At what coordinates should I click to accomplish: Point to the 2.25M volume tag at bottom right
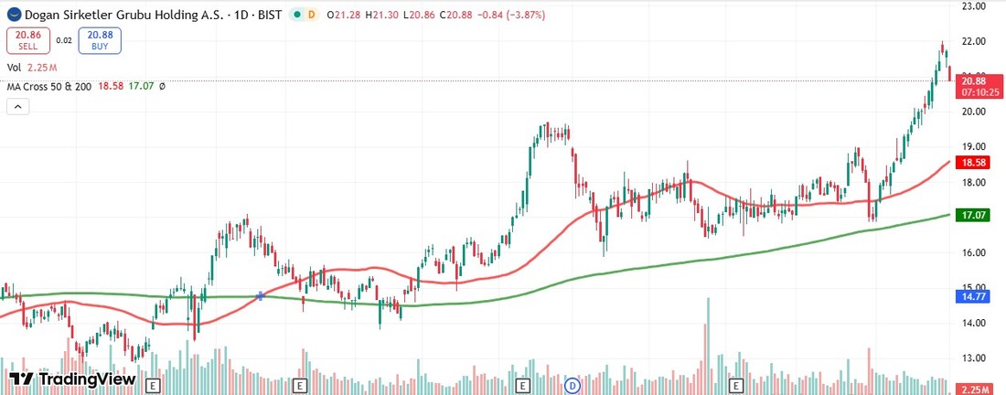(973, 389)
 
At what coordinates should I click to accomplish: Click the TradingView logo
(72, 379)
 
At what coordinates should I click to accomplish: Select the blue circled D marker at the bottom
(573, 385)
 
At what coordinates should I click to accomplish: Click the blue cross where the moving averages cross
(262, 296)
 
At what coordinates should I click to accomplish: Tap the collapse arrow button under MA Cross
(18, 106)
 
